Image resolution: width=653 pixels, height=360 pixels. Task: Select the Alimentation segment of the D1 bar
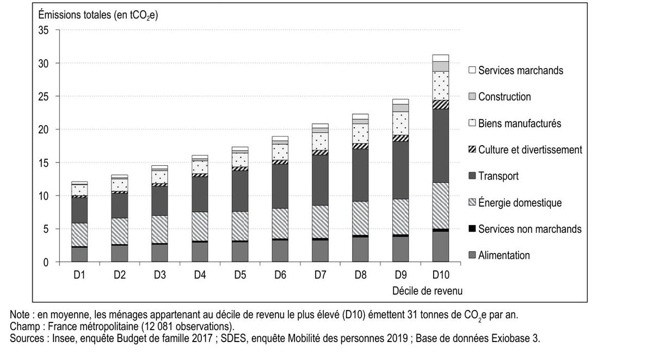point(79,255)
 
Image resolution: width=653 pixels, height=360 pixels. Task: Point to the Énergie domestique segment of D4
point(200,226)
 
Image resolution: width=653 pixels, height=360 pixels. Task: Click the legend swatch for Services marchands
point(472,70)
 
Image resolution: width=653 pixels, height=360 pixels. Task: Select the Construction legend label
point(504,97)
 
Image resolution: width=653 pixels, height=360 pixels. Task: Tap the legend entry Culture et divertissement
point(530,150)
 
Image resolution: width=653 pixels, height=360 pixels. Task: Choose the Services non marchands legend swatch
point(472,229)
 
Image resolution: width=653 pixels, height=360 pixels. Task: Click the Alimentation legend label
point(503,256)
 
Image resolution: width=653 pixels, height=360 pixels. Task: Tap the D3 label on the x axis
point(159,276)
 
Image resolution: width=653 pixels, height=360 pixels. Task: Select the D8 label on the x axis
point(360,276)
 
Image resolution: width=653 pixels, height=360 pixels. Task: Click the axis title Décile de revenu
point(427,291)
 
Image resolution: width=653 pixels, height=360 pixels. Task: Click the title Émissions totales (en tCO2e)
point(98,15)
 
